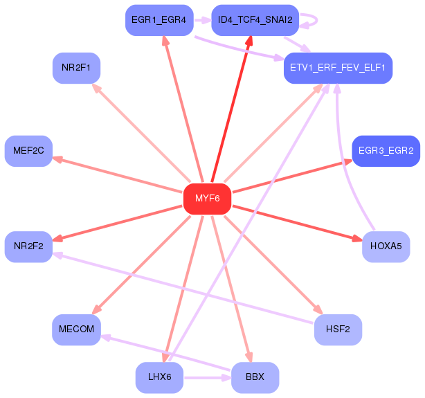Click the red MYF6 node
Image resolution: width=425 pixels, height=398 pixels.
click(x=207, y=199)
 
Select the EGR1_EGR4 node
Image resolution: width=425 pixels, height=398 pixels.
click(x=158, y=20)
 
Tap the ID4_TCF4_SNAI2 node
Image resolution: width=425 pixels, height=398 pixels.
click(x=255, y=20)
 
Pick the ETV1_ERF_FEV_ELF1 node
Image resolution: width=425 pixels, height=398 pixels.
click(x=338, y=68)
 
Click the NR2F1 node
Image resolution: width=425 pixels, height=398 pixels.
click(x=76, y=68)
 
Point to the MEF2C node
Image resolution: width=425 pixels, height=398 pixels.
click(x=28, y=151)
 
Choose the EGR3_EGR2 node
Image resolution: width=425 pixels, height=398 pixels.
click(x=386, y=151)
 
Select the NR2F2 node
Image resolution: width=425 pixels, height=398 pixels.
click(x=28, y=246)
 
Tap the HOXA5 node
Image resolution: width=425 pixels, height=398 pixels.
click(x=386, y=246)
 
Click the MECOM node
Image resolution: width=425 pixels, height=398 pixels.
click(x=76, y=329)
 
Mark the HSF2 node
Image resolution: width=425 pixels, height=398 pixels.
click(x=338, y=329)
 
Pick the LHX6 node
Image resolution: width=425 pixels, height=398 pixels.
click(x=159, y=377)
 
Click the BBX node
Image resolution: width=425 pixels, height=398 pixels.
click(x=255, y=377)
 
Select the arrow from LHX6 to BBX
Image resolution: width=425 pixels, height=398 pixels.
click(x=207, y=378)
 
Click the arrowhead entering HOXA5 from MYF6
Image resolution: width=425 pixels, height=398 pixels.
click(x=356, y=239)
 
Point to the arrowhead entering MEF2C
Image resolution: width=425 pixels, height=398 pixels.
click(x=57, y=159)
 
